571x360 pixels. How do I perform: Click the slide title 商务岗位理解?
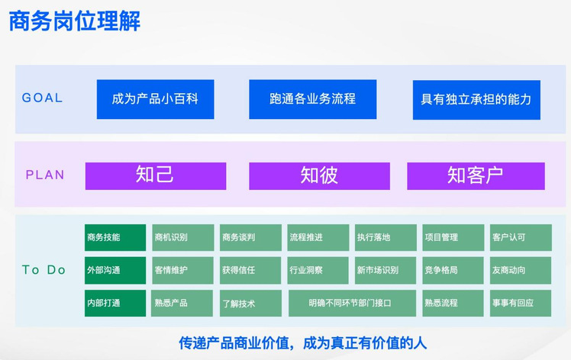74,21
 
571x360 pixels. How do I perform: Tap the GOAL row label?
42,98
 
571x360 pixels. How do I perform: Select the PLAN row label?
45,175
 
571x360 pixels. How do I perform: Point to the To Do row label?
44,270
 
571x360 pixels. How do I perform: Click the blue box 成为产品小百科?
156,99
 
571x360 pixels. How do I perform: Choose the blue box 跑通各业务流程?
313,99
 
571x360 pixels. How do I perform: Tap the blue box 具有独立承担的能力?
476,100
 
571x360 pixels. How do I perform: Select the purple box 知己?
156,176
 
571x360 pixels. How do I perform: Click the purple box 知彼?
319,176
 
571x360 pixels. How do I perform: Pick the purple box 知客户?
476,176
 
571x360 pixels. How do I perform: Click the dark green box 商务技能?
115,237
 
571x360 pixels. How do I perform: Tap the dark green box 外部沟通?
115,270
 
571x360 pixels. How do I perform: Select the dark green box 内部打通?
115,303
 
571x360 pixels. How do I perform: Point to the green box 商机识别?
182,237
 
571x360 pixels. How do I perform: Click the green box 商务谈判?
250,237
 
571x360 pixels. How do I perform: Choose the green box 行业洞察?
318,270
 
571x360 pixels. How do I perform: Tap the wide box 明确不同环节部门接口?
352,303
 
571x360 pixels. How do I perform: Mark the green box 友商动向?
521,270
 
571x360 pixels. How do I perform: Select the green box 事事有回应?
521,303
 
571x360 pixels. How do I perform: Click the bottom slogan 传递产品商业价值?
234,343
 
